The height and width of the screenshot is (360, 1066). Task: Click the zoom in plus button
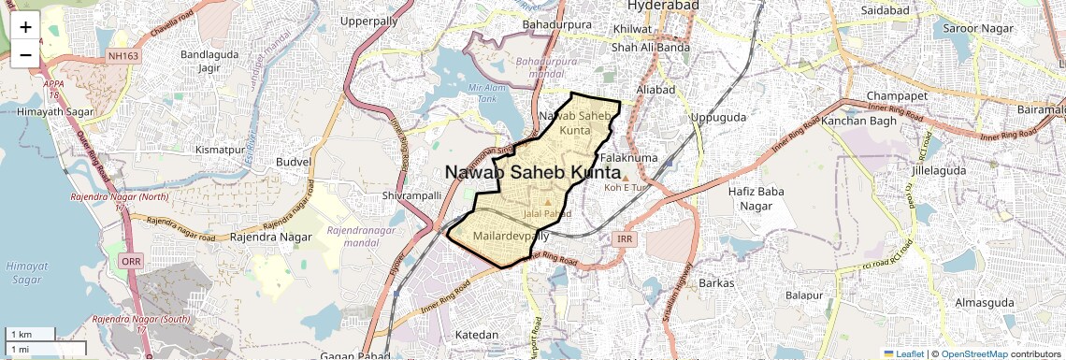point(25,26)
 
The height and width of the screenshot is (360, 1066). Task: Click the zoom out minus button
point(25,54)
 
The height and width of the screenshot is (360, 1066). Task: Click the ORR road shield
point(131,262)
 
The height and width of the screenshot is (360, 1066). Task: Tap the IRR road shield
point(626,240)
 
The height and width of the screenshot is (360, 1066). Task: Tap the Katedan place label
point(476,334)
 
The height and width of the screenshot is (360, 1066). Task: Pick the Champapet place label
point(896,96)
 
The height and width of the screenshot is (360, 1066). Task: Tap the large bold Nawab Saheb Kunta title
point(532,173)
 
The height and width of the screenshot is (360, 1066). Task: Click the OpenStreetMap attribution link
point(973,354)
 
